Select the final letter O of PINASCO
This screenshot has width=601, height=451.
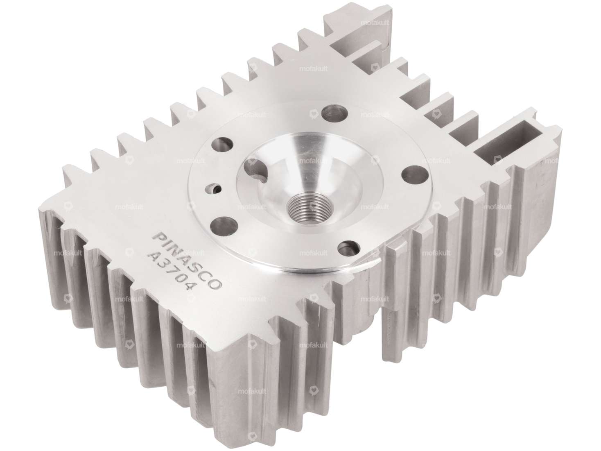click(x=217, y=285)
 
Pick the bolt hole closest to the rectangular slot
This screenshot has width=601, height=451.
click(x=409, y=172)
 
